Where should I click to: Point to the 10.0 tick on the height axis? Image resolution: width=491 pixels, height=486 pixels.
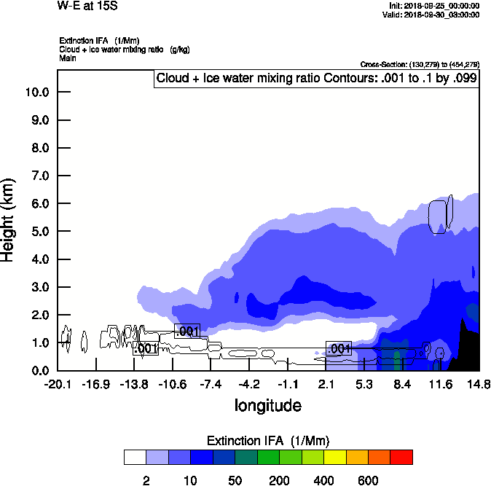(37, 93)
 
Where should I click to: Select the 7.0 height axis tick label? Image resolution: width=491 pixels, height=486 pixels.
(37, 176)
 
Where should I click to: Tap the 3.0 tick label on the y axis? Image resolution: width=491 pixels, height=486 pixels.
(37, 287)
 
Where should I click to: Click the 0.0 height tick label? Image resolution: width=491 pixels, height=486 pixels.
(37, 371)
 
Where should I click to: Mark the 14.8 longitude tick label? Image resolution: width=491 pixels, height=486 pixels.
(479, 384)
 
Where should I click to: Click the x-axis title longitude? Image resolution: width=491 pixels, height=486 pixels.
(267, 404)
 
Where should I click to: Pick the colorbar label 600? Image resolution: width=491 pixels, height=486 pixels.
(368, 480)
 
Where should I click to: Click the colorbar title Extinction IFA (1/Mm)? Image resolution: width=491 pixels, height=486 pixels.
(267, 441)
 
